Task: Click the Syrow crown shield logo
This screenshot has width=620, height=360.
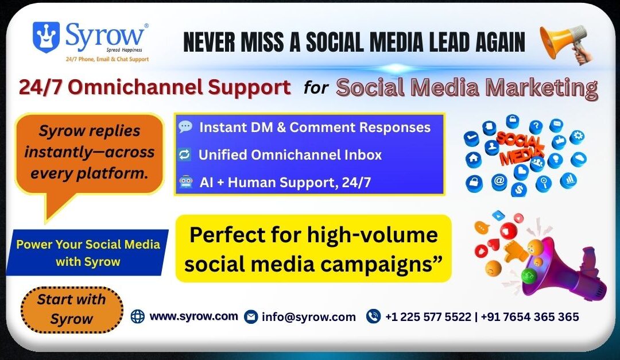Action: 46,37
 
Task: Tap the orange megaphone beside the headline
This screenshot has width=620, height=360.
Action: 564,44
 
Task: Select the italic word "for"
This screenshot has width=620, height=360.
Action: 315,88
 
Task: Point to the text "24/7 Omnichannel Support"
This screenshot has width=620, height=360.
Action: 154,87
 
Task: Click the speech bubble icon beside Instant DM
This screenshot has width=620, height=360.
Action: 185,127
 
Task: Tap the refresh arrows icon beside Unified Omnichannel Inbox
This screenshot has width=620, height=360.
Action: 185,155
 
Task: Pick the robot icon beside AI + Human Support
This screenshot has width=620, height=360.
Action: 185,183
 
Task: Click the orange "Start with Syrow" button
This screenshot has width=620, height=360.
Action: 72,309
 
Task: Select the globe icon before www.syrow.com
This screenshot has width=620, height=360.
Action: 138,316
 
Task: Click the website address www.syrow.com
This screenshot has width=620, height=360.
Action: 193,316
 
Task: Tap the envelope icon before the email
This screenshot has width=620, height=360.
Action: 250,317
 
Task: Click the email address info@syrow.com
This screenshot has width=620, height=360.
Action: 308,317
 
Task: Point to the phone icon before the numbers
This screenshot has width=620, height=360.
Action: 373,316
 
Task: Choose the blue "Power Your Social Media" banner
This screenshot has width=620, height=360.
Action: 88,253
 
